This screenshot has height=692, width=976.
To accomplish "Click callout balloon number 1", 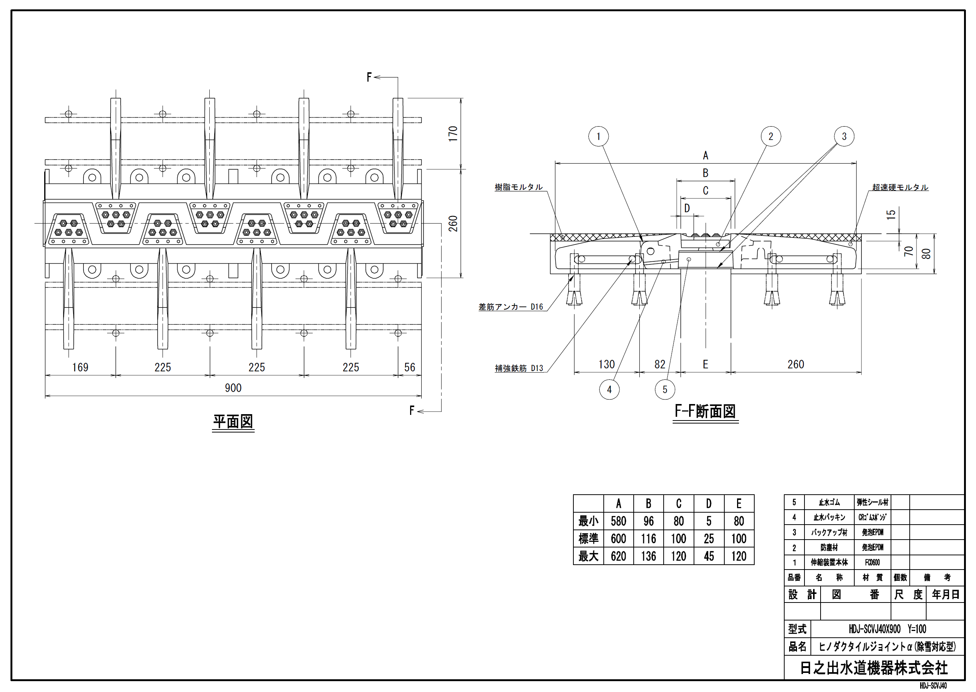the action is click(x=598, y=136).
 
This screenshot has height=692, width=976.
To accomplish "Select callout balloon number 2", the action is click(x=770, y=136).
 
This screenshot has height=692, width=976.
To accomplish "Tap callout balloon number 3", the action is click(x=844, y=136).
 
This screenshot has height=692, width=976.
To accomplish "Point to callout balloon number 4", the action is click(x=609, y=389).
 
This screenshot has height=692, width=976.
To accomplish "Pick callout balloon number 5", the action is click(x=665, y=389).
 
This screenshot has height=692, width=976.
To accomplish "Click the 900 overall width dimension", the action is click(x=233, y=388).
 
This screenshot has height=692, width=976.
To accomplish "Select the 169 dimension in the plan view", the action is click(x=80, y=367).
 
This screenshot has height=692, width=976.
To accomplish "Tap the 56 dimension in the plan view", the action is click(x=410, y=367).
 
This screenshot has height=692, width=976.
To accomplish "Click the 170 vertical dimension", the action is click(x=453, y=134).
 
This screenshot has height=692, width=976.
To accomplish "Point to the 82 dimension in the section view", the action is click(x=660, y=364).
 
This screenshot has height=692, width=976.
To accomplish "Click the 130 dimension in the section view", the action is click(x=606, y=364).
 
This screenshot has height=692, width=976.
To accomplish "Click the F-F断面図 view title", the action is click(x=705, y=411).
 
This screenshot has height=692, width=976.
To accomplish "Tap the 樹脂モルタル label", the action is click(x=519, y=187).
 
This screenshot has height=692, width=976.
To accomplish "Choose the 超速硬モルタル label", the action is click(x=900, y=187).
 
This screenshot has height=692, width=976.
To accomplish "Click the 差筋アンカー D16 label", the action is click(x=510, y=307).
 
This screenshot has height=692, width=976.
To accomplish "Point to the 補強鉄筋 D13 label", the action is click(x=519, y=368).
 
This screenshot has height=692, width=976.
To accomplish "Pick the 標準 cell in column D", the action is click(x=709, y=538).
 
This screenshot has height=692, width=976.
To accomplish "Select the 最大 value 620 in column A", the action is click(x=618, y=556).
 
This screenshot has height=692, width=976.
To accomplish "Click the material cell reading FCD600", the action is click(x=872, y=562).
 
